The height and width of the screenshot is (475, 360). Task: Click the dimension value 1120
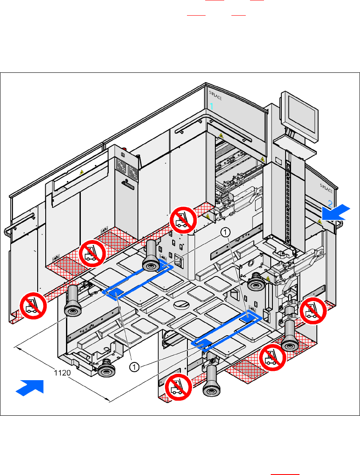(63, 373)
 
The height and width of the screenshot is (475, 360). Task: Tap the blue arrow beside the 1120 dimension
(30, 387)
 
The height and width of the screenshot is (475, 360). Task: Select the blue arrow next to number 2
(335, 212)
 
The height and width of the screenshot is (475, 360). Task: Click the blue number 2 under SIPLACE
(330, 202)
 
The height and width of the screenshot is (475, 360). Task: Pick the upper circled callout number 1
(226, 232)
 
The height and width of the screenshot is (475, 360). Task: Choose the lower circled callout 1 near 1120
(135, 367)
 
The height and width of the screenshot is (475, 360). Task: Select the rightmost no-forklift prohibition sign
(313, 311)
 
